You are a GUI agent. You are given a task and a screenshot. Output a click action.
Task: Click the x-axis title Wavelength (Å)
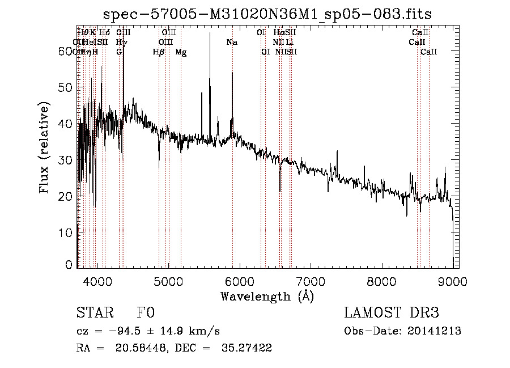point(266,296)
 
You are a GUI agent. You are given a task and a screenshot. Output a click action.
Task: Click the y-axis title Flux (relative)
point(45,147)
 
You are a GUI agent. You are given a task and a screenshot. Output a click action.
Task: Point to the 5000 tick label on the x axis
point(168,280)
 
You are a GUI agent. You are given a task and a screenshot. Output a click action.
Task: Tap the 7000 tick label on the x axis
point(311,280)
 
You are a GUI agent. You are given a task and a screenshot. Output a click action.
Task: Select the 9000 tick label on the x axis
point(452,280)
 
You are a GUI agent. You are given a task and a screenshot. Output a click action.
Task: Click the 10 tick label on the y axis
point(66,232)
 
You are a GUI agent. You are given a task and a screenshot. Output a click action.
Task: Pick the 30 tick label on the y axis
point(66,160)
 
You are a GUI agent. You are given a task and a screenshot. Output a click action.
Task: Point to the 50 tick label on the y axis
point(66,87)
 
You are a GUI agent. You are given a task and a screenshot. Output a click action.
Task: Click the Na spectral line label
point(232,43)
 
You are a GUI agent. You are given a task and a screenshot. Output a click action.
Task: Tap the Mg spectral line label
point(181,52)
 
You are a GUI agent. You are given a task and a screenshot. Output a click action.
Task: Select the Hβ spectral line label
point(159,52)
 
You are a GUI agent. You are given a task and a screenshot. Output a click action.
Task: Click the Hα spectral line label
point(278,33)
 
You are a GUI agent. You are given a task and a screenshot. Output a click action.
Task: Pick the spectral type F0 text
point(146,314)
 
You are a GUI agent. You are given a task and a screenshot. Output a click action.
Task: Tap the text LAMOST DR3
point(392,314)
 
